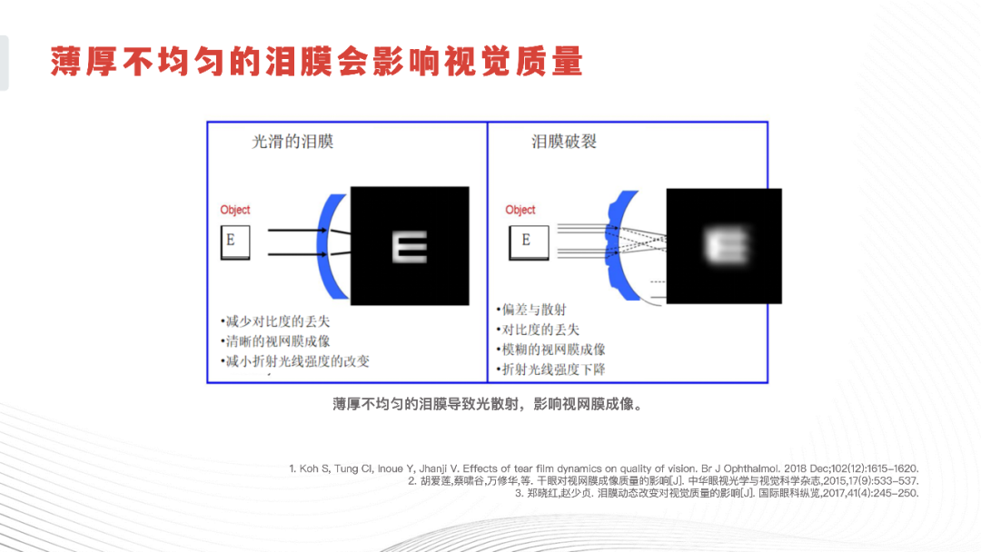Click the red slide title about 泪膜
pyautogui.click(x=316, y=61)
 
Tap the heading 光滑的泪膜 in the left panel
pyautogui.click(x=292, y=142)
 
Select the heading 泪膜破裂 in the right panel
pyautogui.click(x=564, y=142)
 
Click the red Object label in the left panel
pyautogui.click(x=235, y=210)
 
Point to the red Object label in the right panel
pyautogui.click(x=520, y=210)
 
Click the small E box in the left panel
pyautogui.click(x=234, y=242)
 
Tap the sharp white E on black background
pyautogui.click(x=409, y=246)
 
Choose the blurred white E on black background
pyautogui.click(x=724, y=245)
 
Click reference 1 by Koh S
pyautogui.click(x=603, y=468)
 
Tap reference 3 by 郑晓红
pyautogui.click(x=717, y=493)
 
